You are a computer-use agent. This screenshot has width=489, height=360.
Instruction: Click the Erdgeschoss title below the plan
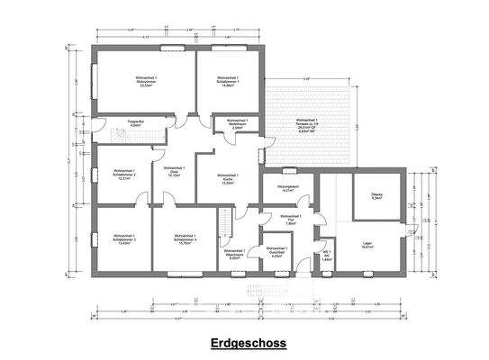pyautogui.click(x=243, y=343)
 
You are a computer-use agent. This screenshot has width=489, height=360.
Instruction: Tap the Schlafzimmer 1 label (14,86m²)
pyautogui.click(x=229, y=82)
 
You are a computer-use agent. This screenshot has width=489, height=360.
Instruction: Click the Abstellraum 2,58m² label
pyautogui.click(x=237, y=124)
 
